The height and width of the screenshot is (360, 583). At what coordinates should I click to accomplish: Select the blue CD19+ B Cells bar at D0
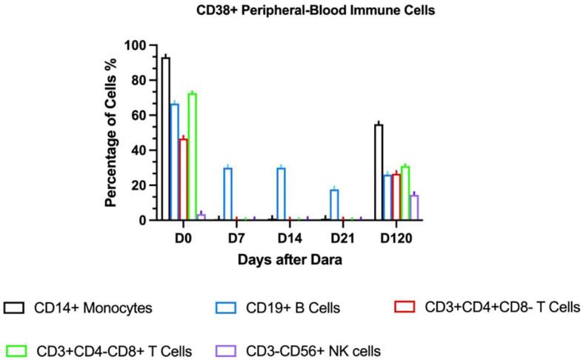175,162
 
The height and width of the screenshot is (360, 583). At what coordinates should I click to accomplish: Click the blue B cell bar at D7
228,194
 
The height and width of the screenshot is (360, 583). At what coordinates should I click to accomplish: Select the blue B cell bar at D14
281,194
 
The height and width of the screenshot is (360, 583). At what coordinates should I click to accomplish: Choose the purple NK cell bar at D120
414,207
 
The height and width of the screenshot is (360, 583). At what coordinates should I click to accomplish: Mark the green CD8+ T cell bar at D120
405,193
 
